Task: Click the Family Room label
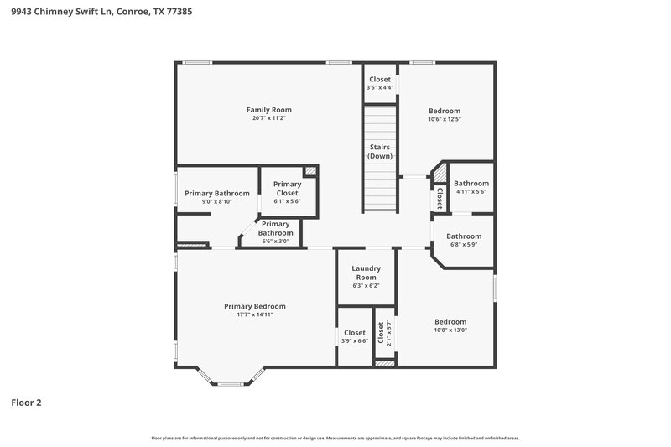pyautogui.click(x=268, y=110)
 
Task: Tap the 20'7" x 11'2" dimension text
pyautogui.click(x=268, y=118)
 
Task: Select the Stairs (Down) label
pyautogui.click(x=380, y=152)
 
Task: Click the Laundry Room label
pyautogui.click(x=367, y=273)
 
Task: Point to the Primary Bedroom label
pyautogui.click(x=255, y=306)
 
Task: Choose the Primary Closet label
pyautogui.click(x=287, y=188)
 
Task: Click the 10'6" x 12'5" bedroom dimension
pyautogui.click(x=445, y=119)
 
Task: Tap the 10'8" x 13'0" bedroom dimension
pyautogui.click(x=450, y=330)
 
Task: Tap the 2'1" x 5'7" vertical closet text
pyautogui.click(x=388, y=333)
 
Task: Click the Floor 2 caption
pyautogui.click(x=26, y=403)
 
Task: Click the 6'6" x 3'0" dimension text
pyautogui.click(x=275, y=241)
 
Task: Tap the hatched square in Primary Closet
pyautogui.click(x=310, y=171)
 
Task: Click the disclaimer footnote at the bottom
pyautogui.click(x=335, y=438)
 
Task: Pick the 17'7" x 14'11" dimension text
pyautogui.click(x=255, y=314)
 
